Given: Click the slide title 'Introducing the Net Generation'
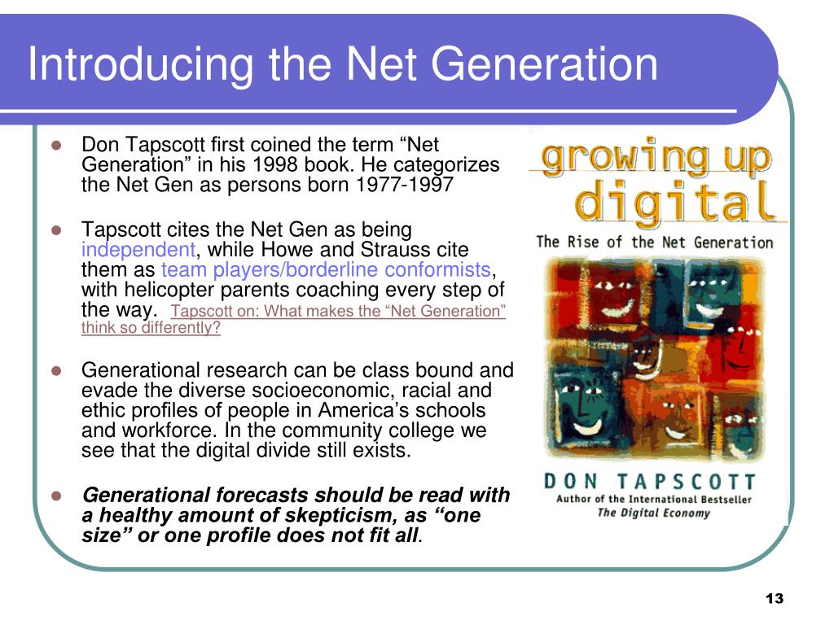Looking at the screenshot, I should [343, 65].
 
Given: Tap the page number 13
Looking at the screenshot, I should [774, 599].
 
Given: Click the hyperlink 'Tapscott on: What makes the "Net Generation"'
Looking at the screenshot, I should [339, 312].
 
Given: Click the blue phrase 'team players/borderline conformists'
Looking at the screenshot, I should [327, 270].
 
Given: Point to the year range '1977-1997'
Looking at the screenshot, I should [405, 185].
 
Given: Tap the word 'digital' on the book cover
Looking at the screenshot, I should [675, 202].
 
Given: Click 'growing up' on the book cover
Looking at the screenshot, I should [656, 158].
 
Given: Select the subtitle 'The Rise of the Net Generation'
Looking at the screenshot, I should [655, 242].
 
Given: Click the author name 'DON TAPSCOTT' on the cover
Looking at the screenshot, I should [650, 482].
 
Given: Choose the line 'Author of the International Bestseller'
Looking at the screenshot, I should [654, 499].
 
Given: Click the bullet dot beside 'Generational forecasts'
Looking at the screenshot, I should [57, 496].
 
